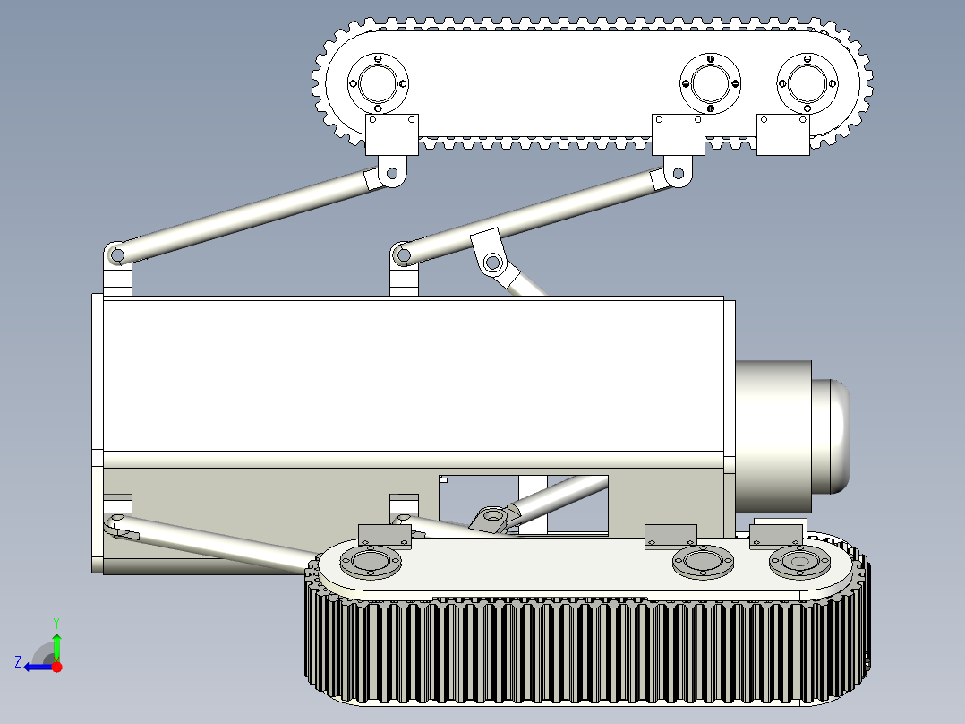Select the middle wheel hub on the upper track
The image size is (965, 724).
[711, 84]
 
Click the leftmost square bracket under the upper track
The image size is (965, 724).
[392, 134]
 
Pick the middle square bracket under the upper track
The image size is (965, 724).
[678, 134]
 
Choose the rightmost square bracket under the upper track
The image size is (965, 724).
[783, 134]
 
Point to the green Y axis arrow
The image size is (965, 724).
[56, 643]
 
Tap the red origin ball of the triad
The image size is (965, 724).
[56, 667]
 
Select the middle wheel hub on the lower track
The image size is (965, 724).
[703, 562]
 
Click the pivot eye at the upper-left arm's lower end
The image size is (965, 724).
[115, 256]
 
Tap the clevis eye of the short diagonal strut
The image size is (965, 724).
[491, 263]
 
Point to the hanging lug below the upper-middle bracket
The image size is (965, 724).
[678, 171]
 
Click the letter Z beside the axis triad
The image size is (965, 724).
[18, 661]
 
